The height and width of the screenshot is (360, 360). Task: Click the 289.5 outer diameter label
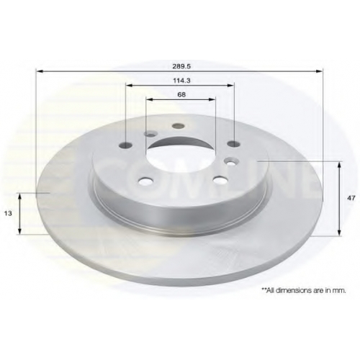click(181, 66)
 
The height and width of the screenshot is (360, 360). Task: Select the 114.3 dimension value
click(181, 81)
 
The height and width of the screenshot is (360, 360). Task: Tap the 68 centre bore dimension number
click(181, 94)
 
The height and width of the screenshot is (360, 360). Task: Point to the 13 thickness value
click(8, 213)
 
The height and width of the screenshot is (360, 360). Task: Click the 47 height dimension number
click(351, 198)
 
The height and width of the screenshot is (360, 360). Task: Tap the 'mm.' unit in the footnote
click(340, 291)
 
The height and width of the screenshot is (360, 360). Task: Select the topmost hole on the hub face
click(178, 126)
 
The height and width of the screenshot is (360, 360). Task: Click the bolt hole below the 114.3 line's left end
click(126, 145)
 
